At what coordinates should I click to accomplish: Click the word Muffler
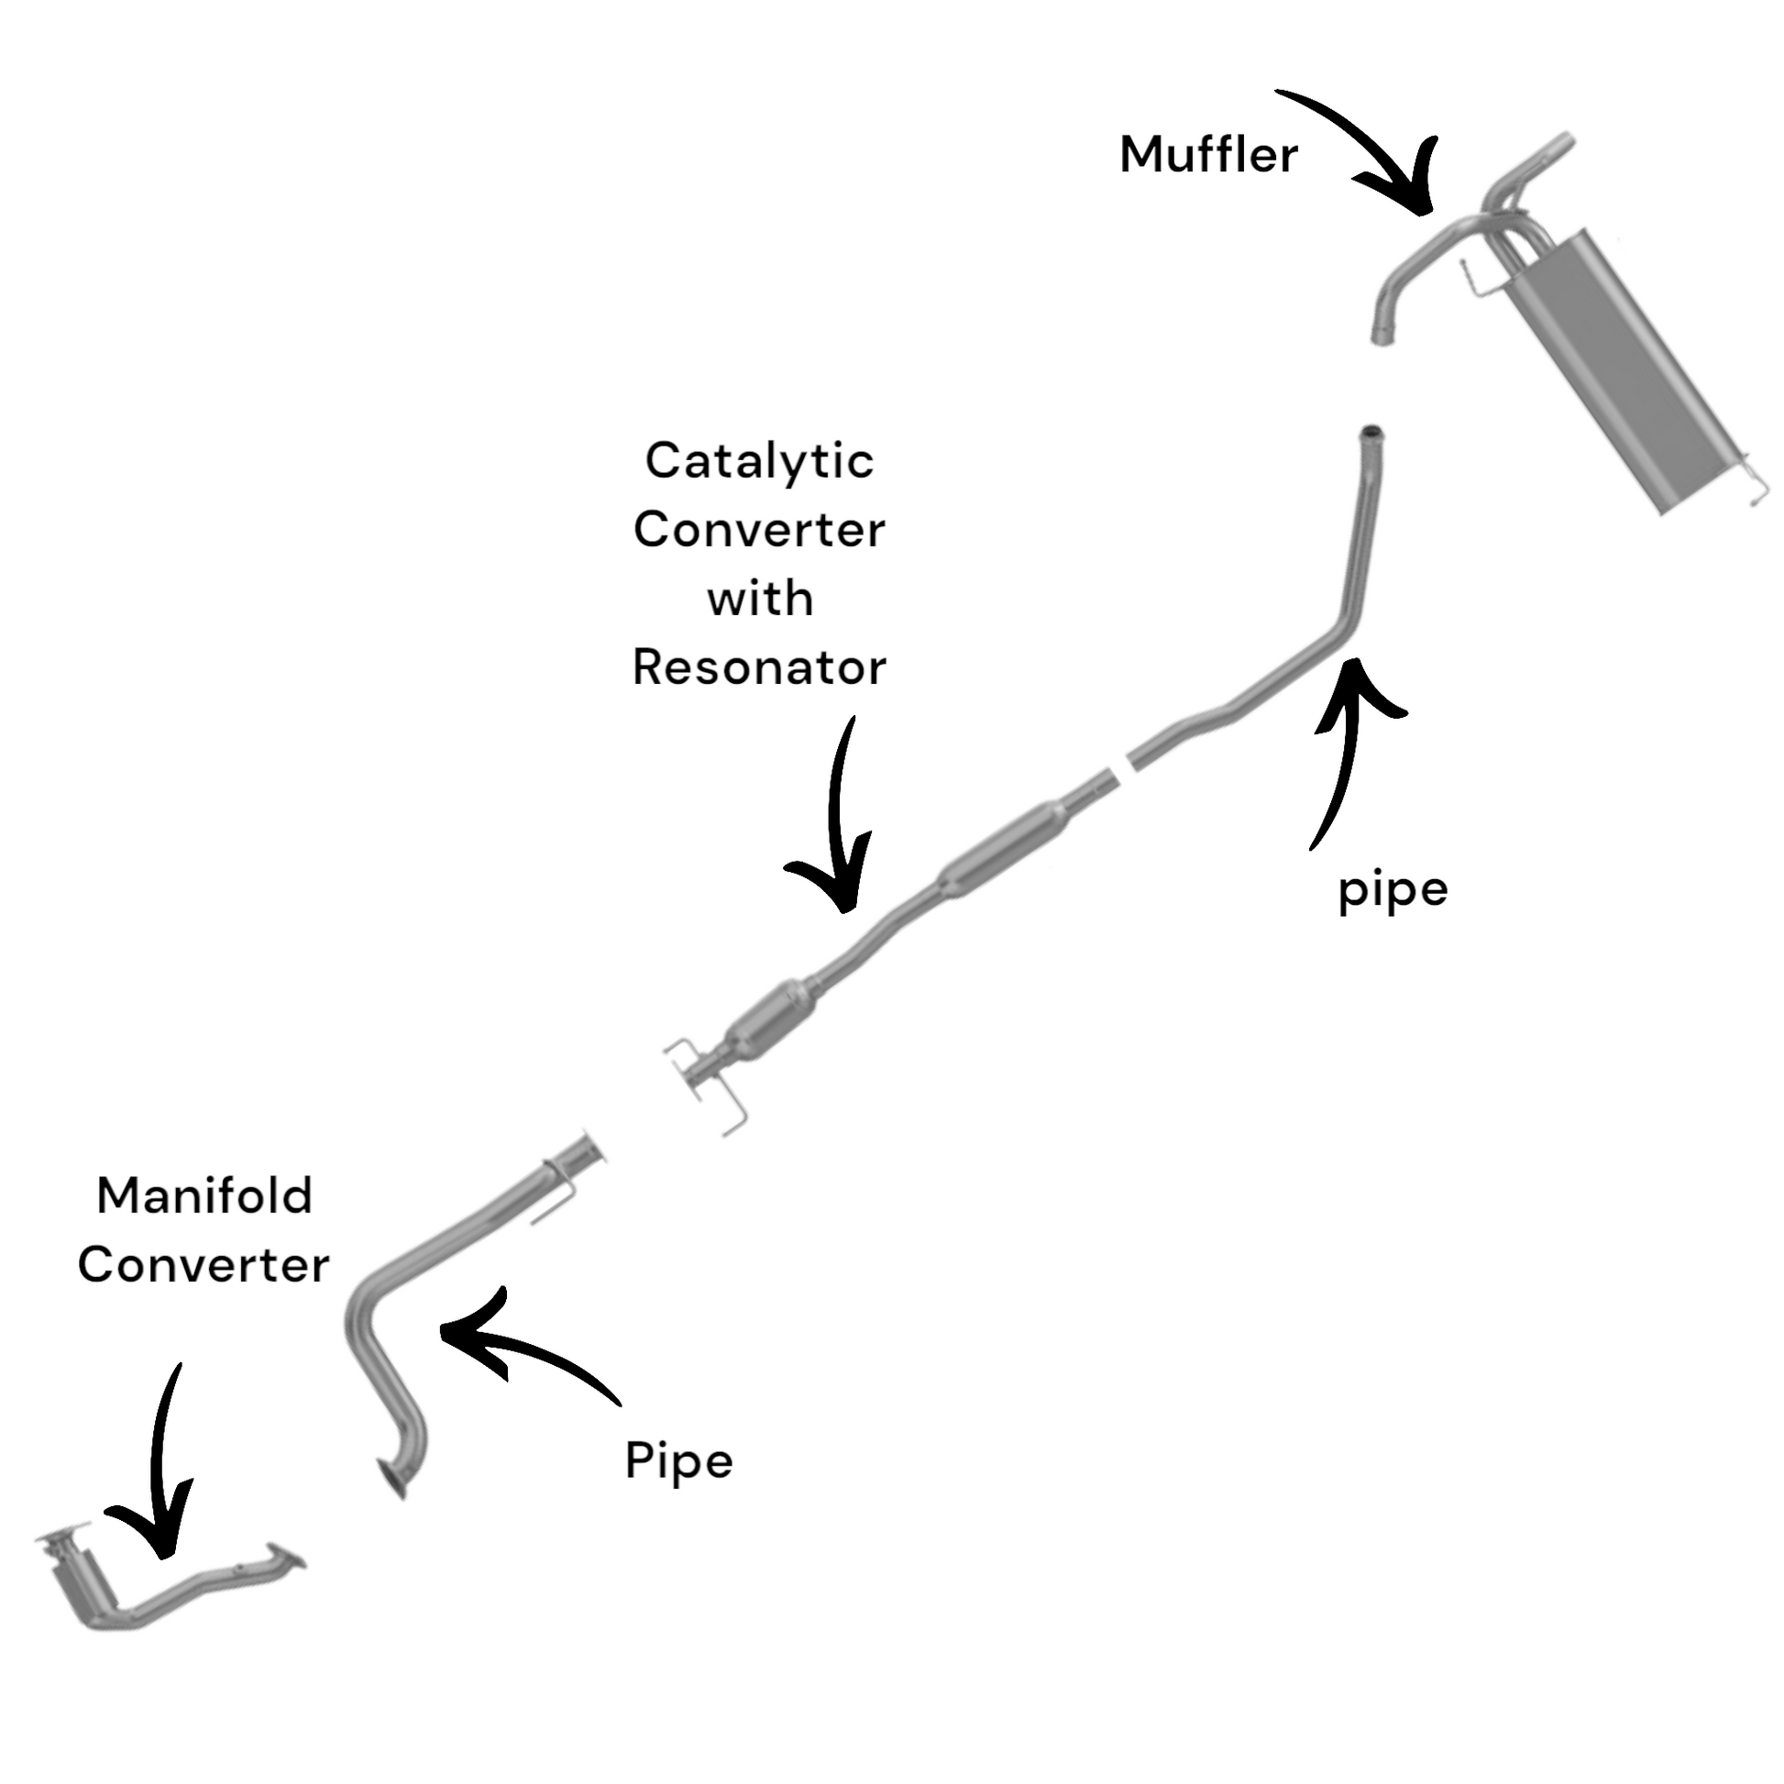click(1207, 154)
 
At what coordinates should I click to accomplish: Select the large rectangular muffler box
click(1625, 369)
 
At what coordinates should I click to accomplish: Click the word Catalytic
click(759, 461)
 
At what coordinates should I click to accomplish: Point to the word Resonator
click(759, 667)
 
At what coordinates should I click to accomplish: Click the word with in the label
click(760, 600)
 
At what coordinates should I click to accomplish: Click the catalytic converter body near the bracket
click(768, 1022)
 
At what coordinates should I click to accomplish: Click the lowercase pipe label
click(1393, 891)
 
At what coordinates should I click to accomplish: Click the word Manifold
click(204, 1196)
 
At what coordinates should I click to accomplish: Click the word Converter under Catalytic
click(759, 530)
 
